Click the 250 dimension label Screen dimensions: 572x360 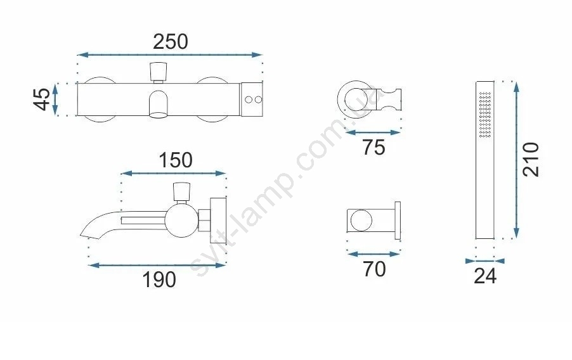pyautogui.click(x=171, y=42)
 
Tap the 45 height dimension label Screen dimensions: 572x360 pyautogui.click(x=42, y=100)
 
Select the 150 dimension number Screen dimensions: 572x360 pyautogui.click(x=176, y=160)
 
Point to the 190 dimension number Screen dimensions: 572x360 pyautogui.click(x=159, y=280)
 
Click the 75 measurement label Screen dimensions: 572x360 pyautogui.click(x=374, y=148)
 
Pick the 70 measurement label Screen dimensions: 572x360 pyautogui.click(x=374, y=269)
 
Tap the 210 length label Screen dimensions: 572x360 pyautogui.click(x=531, y=160)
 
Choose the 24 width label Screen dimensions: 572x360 pyautogui.click(x=485, y=276)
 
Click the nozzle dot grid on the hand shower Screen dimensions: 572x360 pyautogui.click(x=485, y=115)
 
